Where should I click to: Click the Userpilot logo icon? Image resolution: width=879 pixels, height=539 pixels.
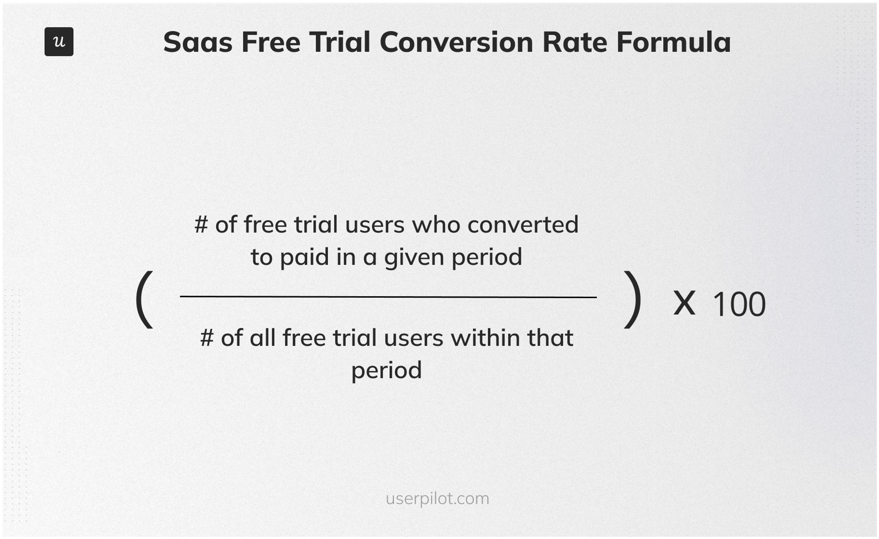(59, 42)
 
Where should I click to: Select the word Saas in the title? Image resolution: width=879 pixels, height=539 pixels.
(197, 42)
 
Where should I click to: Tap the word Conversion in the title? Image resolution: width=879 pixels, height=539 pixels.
(456, 42)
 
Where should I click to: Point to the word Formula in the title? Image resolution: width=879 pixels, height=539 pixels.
(673, 42)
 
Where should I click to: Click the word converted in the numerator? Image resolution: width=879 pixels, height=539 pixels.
(523, 225)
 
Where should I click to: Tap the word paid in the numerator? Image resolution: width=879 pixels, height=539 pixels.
(305, 257)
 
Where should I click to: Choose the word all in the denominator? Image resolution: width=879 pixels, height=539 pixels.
(262, 338)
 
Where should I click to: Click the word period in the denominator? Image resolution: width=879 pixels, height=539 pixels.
(386, 371)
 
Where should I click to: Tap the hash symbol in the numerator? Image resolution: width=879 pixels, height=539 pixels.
(201, 225)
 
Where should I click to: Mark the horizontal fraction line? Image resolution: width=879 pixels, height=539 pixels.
(388, 297)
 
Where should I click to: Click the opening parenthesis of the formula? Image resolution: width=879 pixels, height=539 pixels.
(145, 300)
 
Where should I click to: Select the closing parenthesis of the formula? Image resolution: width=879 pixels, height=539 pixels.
(632, 300)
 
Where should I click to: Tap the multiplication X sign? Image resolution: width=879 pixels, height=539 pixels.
(684, 303)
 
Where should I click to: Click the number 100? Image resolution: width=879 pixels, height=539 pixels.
(739, 304)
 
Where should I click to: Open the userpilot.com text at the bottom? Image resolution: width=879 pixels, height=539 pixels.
(437, 499)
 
